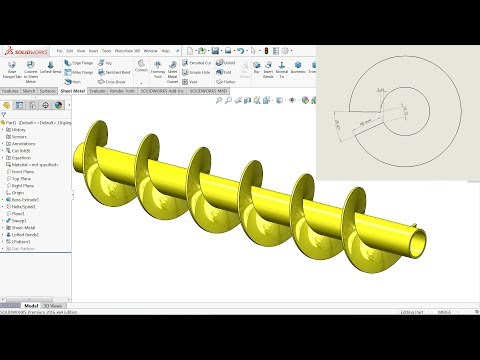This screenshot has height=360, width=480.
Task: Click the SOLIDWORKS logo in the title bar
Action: [27, 50]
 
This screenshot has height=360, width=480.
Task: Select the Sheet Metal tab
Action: [72, 90]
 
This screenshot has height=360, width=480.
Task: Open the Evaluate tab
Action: [97, 90]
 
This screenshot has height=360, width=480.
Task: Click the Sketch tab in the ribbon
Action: [30, 90]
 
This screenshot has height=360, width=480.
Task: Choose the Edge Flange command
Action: [82, 62]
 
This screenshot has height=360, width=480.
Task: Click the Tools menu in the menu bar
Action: [106, 49]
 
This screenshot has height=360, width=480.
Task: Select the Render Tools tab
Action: [122, 90]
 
